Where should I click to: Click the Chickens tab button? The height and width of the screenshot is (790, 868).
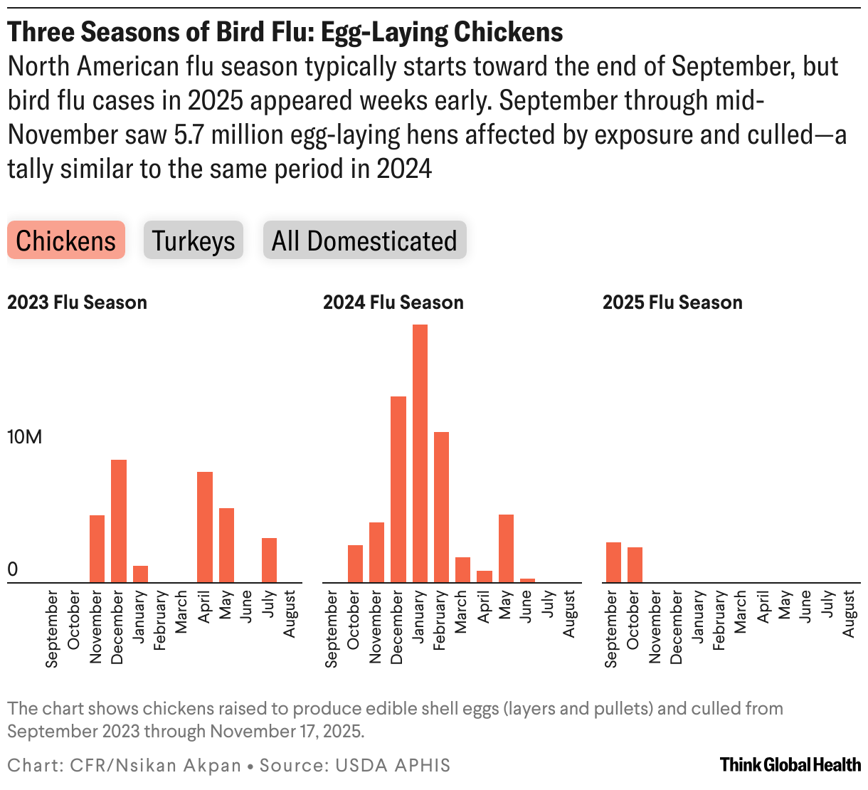[66, 241]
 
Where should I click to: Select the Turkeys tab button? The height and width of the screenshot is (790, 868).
[194, 241]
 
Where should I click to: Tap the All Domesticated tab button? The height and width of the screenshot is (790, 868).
[364, 241]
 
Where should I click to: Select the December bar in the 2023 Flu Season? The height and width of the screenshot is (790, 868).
[118, 521]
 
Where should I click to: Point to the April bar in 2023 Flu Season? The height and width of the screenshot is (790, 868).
[205, 527]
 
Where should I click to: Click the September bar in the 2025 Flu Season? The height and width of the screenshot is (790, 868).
[613, 562]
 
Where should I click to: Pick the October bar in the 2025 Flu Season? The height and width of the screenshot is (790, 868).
[635, 564]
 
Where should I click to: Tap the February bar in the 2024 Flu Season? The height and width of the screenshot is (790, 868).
[441, 507]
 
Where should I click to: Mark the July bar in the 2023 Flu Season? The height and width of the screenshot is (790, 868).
[269, 560]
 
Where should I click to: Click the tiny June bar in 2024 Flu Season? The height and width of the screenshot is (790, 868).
[527, 580]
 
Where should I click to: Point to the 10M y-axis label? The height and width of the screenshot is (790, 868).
[24, 437]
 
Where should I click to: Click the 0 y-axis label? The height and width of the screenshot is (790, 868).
[12, 569]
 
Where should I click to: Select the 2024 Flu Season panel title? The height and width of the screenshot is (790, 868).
[393, 302]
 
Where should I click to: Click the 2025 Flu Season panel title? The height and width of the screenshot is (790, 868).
[672, 302]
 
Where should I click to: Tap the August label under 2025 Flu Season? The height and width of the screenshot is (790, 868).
[849, 614]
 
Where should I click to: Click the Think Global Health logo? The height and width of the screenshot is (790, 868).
[790, 765]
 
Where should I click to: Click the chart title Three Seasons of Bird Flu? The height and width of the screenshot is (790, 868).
[285, 32]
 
